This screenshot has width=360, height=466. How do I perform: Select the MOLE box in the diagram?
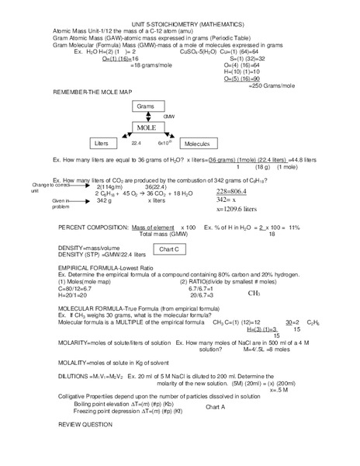146,127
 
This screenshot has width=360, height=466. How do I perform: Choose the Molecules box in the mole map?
199,144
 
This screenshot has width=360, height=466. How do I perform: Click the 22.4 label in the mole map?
136,144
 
